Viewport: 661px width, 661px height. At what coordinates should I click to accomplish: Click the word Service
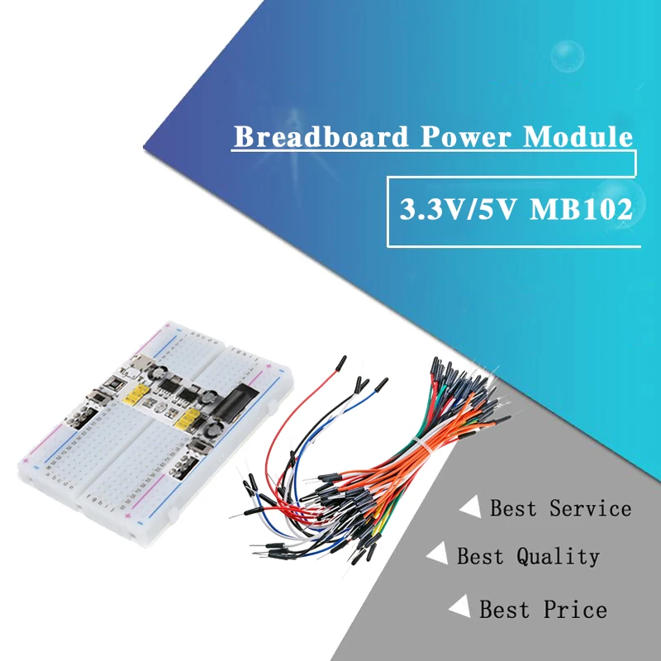click(x=590, y=508)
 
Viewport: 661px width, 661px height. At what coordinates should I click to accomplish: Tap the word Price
click(x=575, y=610)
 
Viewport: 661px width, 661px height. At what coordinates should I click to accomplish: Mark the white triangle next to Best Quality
click(x=438, y=554)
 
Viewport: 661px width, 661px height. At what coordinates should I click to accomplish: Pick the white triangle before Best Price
click(x=459, y=607)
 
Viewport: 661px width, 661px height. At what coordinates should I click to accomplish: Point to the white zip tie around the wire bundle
click(x=421, y=451)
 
